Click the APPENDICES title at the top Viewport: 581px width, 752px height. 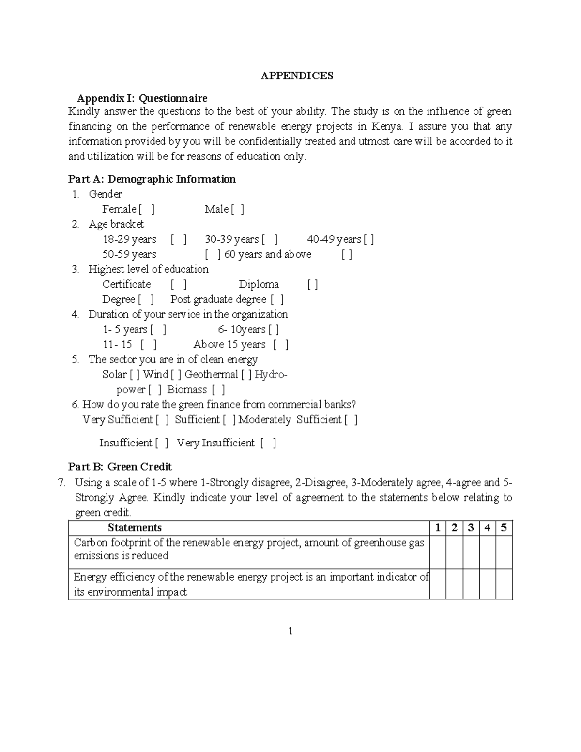[x=297, y=76]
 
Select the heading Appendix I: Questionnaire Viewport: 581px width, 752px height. [x=142, y=98]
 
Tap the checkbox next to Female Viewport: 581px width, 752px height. [x=147, y=209]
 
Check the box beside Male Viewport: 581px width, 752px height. [x=237, y=209]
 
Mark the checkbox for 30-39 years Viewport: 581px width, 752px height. [x=270, y=239]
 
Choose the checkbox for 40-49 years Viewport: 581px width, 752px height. [x=369, y=239]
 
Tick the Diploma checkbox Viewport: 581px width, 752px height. [x=313, y=284]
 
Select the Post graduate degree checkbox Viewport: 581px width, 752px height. [x=277, y=299]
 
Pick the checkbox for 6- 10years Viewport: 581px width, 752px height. [x=274, y=329]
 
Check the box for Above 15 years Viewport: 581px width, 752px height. [x=281, y=344]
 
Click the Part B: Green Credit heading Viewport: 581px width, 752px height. [x=120, y=467]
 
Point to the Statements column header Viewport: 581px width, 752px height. [x=135, y=528]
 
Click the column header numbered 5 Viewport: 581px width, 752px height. [x=504, y=528]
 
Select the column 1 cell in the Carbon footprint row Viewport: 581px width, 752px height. [x=438, y=552]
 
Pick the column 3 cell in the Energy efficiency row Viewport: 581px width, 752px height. [x=471, y=584]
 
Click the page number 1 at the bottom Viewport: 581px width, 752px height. [x=290, y=631]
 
